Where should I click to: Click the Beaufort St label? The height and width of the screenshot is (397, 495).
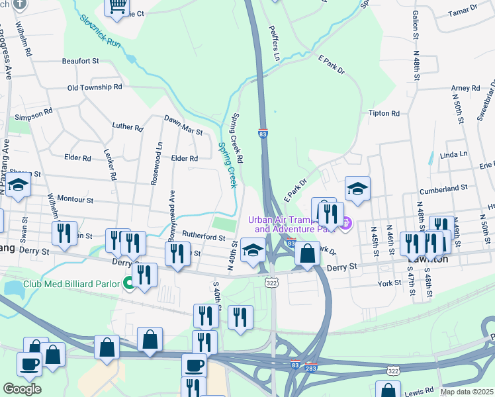tap(80, 61)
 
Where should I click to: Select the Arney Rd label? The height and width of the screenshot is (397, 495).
tap(465, 88)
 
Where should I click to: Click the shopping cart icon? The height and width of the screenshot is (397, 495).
tap(117, 7)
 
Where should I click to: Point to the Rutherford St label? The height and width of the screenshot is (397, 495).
tap(204, 236)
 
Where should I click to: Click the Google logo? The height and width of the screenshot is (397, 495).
tap(22, 389)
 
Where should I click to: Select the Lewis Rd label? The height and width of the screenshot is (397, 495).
tap(419, 390)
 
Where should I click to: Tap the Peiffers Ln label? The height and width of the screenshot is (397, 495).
tap(275, 43)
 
